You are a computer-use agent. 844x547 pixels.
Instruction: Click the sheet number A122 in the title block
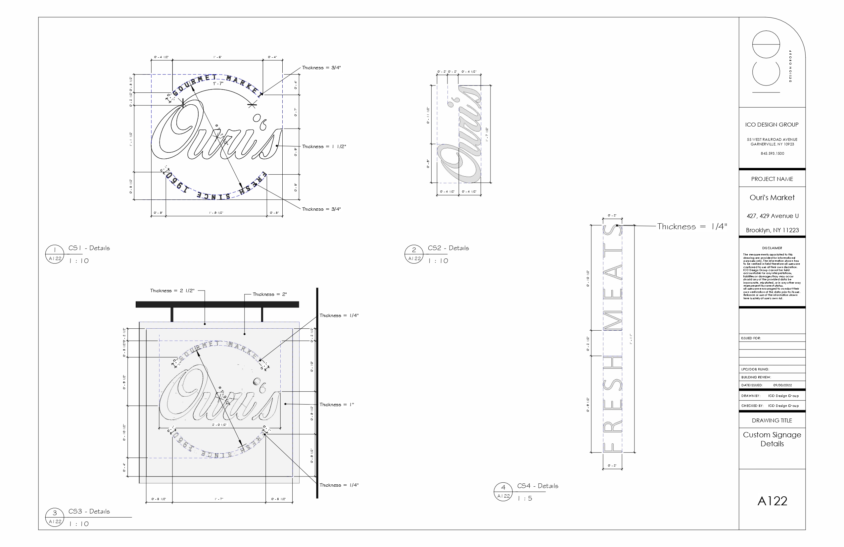coord(772,501)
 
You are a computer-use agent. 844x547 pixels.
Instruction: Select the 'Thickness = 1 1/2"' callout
coord(324,146)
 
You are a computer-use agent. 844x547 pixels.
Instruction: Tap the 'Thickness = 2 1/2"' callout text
coord(172,290)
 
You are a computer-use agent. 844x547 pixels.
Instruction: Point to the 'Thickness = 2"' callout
coord(269,294)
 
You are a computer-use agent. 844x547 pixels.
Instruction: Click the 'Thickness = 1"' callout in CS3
coord(337,404)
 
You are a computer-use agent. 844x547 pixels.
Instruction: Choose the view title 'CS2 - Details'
coord(448,248)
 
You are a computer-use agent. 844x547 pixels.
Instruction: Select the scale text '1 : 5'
coord(525,498)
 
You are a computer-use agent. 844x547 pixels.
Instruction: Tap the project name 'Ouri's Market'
coord(772,197)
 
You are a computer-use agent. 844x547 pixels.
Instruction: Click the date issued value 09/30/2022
coord(782,385)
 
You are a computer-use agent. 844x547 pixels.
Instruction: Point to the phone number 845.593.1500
coord(772,153)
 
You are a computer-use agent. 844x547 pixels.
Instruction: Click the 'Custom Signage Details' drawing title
coord(772,439)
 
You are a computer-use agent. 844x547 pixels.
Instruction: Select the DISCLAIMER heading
coord(772,248)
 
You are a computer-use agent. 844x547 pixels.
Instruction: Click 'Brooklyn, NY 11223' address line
coord(772,230)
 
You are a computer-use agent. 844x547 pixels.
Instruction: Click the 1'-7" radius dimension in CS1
coord(218,83)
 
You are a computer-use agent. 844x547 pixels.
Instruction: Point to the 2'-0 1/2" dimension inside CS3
coord(219,424)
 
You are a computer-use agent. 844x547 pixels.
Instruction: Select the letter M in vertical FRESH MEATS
coord(612,320)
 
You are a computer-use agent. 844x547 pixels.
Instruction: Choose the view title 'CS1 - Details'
coord(89,248)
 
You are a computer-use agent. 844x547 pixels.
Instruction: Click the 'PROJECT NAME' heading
coord(772,179)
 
